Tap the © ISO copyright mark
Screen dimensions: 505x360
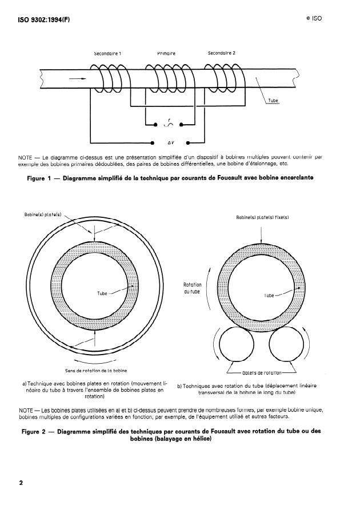click(x=314, y=18)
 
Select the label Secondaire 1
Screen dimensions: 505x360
click(x=107, y=53)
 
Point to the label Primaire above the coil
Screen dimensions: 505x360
click(x=166, y=53)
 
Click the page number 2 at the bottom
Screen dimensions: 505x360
click(x=21, y=483)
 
